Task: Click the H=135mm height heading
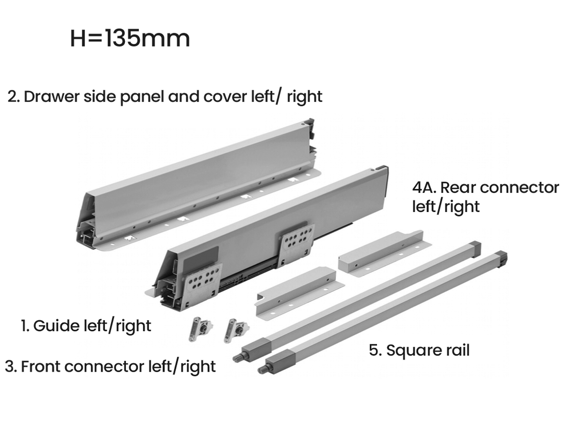click(130, 39)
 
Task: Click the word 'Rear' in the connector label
click(457, 188)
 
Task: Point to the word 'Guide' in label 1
click(56, 325)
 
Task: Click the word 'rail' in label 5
click(457, 350)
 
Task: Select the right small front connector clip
click(235, 330)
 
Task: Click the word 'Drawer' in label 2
click(52, 96)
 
